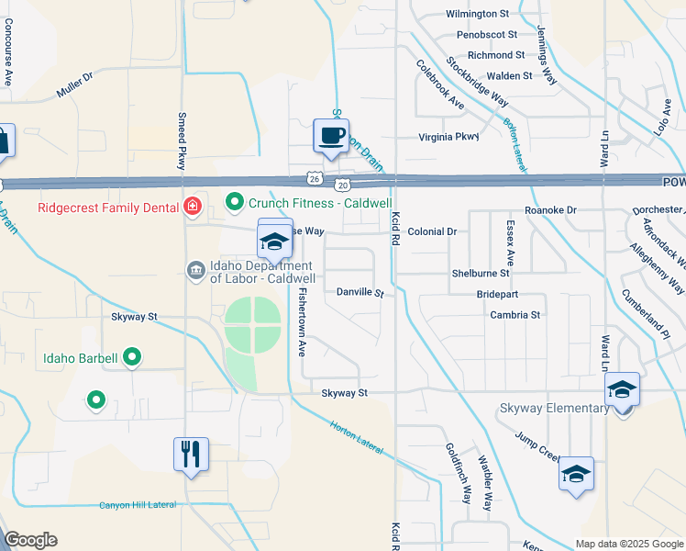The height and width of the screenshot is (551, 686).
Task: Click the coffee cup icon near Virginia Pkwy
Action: [331, 136]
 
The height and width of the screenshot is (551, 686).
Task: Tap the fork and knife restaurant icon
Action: [191, 454]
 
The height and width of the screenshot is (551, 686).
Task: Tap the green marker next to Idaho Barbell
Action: [132, 357]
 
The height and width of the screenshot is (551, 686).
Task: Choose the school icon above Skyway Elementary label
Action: [622, 389]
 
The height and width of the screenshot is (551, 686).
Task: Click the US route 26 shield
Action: [315, 177]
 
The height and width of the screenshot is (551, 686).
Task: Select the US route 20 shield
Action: [340, 184]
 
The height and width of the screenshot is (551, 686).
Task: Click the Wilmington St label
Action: [477, 14]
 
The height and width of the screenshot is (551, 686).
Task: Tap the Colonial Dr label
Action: [432, 232]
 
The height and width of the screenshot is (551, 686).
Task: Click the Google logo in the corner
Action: [30, 540]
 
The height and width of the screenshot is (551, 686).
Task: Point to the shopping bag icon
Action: [3, 141]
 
